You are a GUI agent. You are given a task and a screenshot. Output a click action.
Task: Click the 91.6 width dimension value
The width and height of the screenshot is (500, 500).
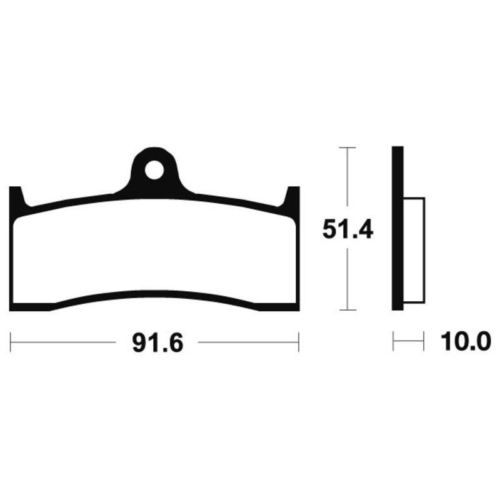[x=158, y=343]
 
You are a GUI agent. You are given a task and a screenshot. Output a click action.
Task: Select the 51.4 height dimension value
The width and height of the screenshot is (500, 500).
[x=347, y=229]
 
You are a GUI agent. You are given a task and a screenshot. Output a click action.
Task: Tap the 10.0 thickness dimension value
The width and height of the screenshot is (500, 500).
[x=466, y=341]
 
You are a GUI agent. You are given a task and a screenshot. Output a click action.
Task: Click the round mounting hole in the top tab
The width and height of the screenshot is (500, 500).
[x=154, y=170]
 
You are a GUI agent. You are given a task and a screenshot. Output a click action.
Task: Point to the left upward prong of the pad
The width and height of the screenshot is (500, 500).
[x=17, y=197]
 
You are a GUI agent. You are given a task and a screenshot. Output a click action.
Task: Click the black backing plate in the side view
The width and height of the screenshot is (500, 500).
[x=397, y=228]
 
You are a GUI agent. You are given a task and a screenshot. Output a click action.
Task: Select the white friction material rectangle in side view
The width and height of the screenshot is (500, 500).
[x=414, y=251]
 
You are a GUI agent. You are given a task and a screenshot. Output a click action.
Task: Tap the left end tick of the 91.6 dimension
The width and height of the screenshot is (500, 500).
[x=11, y=342]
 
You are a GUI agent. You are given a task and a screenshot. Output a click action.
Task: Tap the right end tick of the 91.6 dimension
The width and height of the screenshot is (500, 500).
[x=299, y=342]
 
